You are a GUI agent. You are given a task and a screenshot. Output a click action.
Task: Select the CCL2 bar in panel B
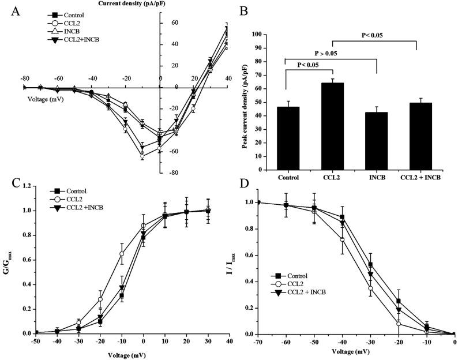[332, 127]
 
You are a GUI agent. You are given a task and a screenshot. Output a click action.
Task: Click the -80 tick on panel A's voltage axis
[24, 78]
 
